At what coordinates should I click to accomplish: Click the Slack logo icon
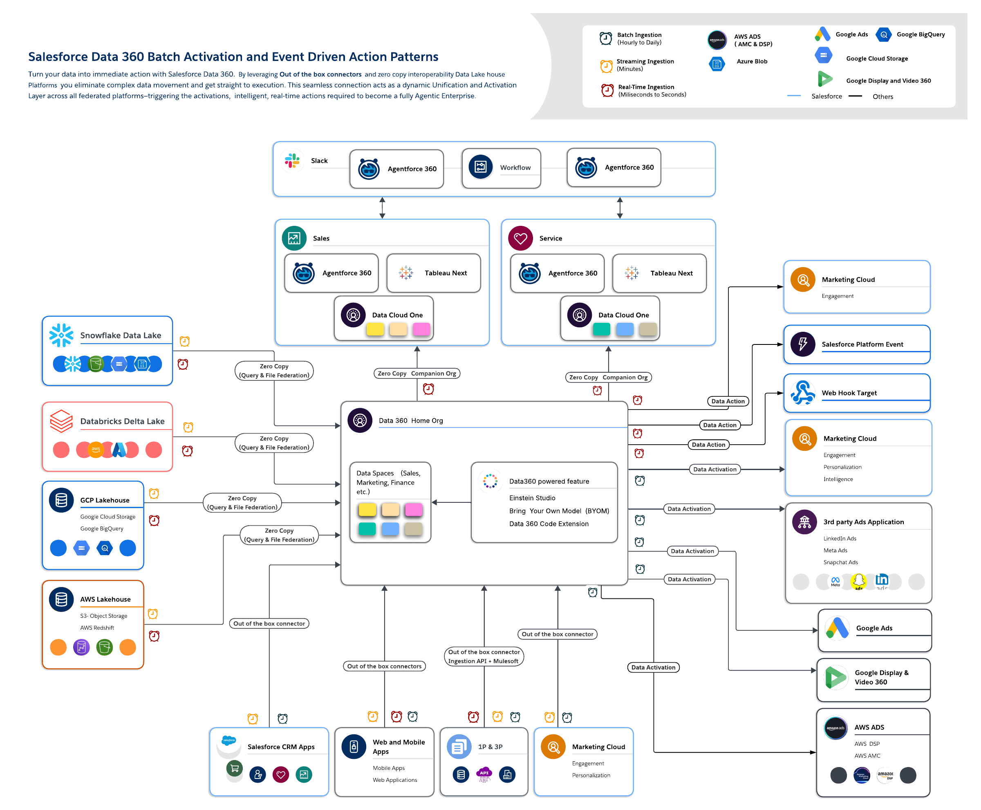[x=292, y=161]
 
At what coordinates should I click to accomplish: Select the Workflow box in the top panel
[x=501, y=168]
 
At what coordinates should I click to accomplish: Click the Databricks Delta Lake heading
[x=122, y=421]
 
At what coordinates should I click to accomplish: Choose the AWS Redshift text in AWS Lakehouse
[x=97, y=628]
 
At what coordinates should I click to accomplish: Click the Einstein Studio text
[x=532, y=498]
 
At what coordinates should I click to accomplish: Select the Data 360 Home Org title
[x=411, y=421]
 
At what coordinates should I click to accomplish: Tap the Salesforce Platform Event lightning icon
[x=803, y=344]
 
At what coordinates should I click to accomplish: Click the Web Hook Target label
[x=849, y=393]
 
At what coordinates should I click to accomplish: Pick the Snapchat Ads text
[x=840, y=562]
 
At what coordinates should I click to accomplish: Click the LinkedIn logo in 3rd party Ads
[x=882, y=581]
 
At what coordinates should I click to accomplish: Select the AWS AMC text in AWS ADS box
[x=867, y=756]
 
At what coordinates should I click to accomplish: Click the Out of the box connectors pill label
[x=384, y=666]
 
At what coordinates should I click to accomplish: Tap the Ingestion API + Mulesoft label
[x=483, y=661]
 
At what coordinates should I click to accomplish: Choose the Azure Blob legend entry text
[x=752, y=61]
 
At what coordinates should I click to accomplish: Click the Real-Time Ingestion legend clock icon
[x=607, y=90]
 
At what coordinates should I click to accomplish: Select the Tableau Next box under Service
[x=659, y=273]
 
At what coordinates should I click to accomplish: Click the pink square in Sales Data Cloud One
[x=421, y=329]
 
